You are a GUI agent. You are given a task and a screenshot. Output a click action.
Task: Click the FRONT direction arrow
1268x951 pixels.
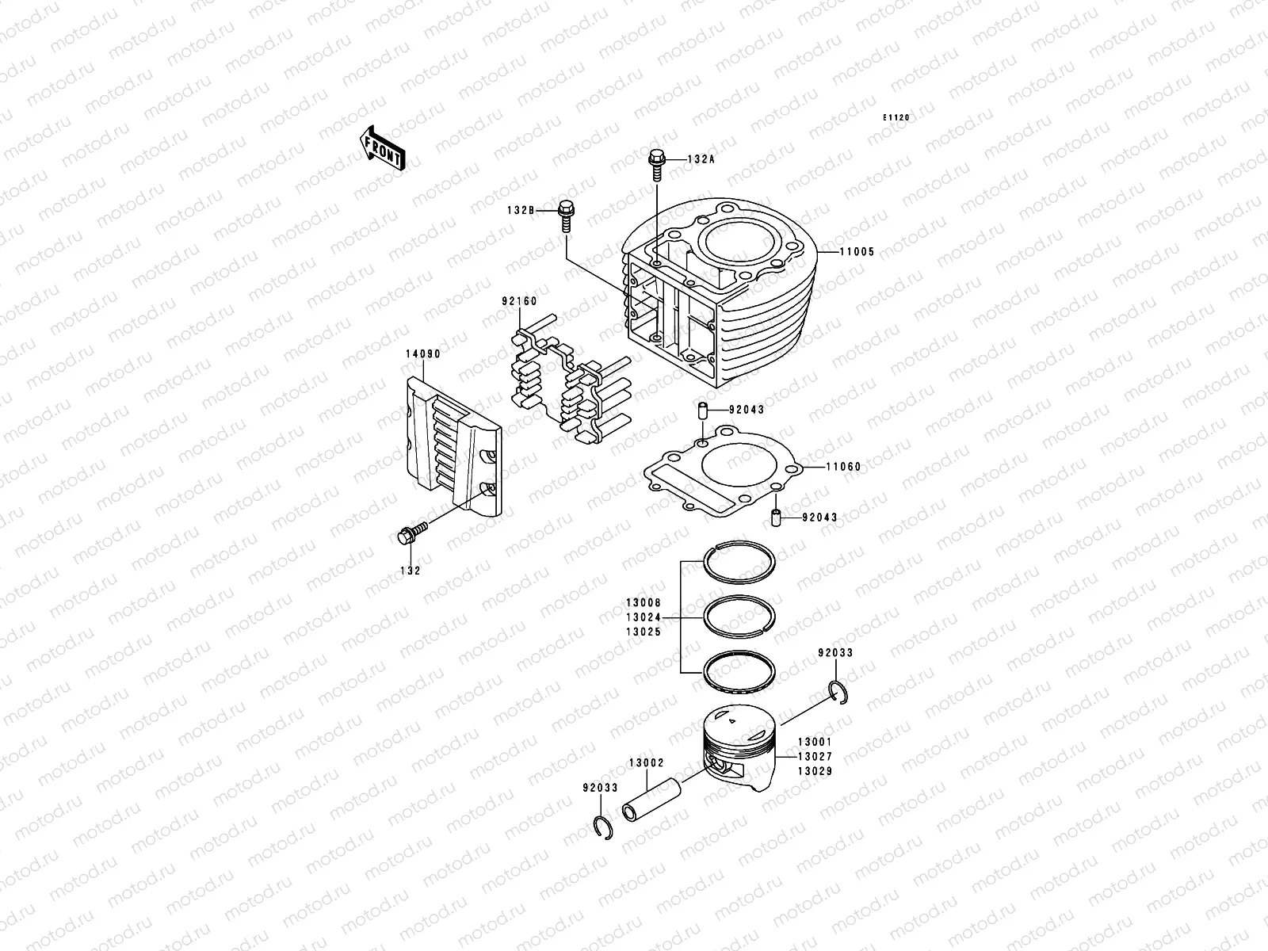click(x=384, y=147)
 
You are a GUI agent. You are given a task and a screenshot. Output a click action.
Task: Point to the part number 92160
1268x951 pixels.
click(x=519, y=302)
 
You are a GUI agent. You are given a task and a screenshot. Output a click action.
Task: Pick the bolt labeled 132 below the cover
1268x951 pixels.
click(x=410, y=535)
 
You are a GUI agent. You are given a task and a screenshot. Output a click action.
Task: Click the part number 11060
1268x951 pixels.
click(x=843, y=467)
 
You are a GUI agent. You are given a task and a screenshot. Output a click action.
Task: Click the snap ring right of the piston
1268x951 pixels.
click(x=839, y=691)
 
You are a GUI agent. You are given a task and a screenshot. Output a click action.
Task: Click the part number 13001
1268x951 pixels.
click(x=815, y=743)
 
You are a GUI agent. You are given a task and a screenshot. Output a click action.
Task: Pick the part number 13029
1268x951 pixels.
click(x=815, y=771)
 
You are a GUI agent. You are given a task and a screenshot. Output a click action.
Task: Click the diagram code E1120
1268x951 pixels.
click(x=897, y=117)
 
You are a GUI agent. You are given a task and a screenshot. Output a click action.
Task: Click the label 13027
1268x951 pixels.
click(x=815, y=757)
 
